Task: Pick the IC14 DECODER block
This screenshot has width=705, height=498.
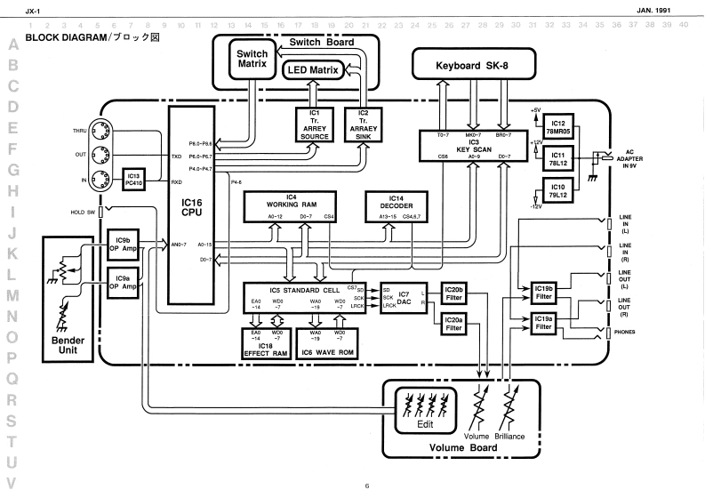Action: tap(397, 206)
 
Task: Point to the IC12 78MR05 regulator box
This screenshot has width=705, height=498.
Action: tap(559, 124)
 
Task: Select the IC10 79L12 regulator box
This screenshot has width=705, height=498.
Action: tap(559, 189)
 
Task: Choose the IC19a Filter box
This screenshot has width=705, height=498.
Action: tap(544, 323)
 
